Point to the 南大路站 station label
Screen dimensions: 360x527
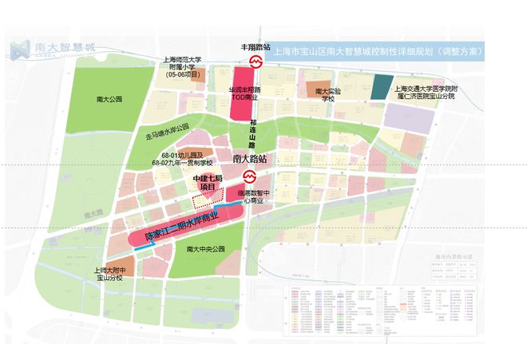pos(249,160)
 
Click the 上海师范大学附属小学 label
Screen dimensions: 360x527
pos(181,68)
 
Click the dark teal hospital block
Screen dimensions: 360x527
pos(383,86)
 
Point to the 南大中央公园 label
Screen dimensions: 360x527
pos(205,250)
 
